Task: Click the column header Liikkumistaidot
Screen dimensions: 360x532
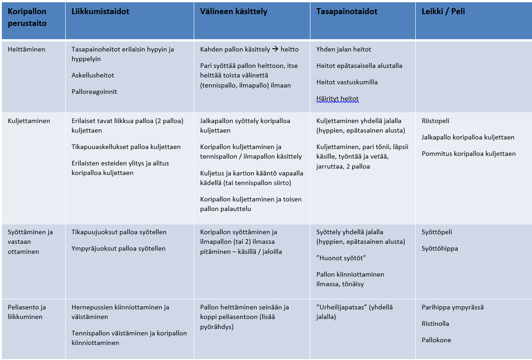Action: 100,12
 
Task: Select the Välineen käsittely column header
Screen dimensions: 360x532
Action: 233,12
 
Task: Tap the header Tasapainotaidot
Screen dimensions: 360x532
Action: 347,12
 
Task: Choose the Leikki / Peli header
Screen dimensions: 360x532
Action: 443,12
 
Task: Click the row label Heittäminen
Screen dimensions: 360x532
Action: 26,49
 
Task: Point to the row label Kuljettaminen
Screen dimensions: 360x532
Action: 29,121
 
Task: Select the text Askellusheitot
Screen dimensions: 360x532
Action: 93,75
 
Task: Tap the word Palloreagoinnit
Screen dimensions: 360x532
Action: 94,92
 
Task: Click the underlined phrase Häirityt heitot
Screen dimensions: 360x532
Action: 337,98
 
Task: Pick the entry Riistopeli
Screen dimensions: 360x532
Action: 435,121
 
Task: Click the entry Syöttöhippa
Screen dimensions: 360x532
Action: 440,248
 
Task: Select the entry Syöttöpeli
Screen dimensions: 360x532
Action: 437,232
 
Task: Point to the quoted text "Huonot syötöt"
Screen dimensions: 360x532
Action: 341,258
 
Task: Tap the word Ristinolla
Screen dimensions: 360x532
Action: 435,324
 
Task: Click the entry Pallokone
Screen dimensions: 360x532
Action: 436,340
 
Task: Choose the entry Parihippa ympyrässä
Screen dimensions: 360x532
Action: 453,307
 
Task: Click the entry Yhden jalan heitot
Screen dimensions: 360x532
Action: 344,49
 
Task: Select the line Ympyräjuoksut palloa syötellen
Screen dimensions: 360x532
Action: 119,248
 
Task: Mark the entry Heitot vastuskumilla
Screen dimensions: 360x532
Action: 347,82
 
